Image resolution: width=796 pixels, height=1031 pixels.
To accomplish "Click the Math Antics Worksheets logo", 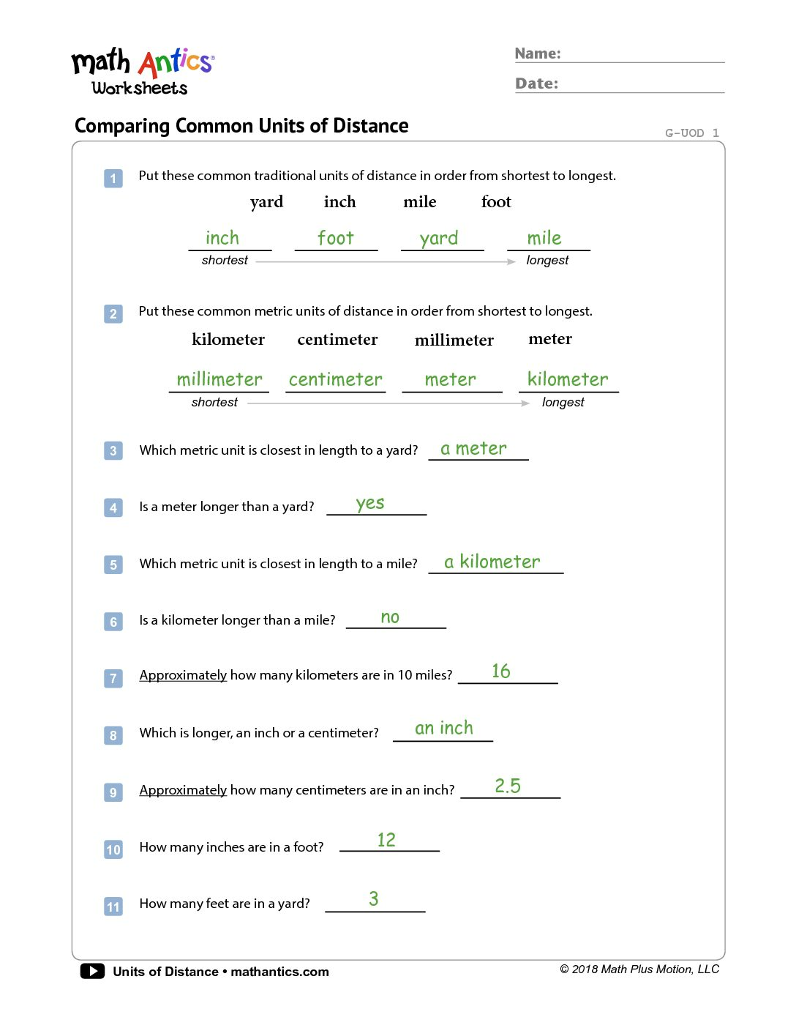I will [142, 72].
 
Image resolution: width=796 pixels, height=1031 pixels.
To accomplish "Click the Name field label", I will [538, 53].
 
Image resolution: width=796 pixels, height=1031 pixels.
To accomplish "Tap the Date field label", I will [536, 83].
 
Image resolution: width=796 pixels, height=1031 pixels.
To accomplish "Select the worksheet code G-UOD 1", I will [691, 133].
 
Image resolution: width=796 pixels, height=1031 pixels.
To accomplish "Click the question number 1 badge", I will [113, 178].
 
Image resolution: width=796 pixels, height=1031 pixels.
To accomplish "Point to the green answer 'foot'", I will [336, 238].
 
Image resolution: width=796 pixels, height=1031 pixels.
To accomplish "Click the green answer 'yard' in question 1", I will [439, 239].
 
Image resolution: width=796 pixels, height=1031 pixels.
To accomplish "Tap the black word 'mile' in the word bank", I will [419, 202].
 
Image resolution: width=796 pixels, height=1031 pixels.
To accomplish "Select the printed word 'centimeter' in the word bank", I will [337, 340].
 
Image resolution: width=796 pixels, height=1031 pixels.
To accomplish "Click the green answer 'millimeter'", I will [219, 379].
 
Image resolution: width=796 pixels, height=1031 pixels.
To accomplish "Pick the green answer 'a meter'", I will [473, 448].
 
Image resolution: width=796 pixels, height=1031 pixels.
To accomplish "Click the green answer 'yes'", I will [370, 504].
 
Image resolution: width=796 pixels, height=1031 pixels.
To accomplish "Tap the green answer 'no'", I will [390, 618].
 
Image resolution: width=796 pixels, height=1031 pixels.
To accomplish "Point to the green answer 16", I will [501, 671].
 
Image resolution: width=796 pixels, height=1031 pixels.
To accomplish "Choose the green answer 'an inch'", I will [444, 728].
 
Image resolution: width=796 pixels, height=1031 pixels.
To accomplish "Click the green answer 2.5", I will [508, 786].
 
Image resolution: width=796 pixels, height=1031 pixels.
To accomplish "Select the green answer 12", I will [386, 840].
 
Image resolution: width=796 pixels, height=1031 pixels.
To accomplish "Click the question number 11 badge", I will [113, 907].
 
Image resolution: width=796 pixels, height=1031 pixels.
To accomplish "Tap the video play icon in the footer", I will [92, 971].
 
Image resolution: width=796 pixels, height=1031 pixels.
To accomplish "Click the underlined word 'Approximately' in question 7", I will [183, 675].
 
